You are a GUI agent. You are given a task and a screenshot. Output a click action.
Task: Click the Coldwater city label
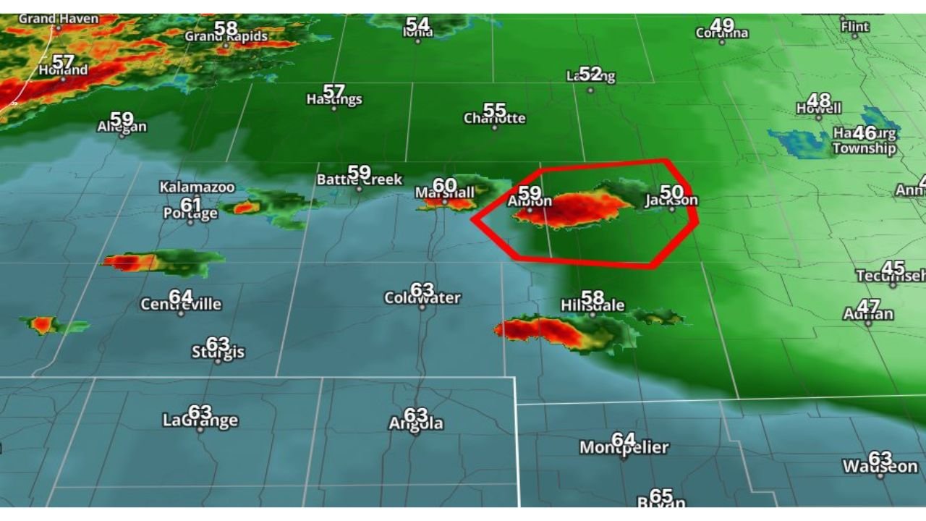422,298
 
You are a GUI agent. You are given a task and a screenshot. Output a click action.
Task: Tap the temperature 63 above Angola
415,415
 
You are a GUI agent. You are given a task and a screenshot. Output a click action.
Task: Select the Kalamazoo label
197,187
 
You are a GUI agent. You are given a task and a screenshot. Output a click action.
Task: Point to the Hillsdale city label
592,306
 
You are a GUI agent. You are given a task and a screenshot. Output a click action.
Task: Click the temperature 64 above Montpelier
623,439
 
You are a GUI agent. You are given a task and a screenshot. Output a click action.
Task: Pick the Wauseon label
880,467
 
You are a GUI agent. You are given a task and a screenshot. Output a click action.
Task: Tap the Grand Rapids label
226,36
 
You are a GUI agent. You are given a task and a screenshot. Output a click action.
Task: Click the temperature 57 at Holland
63,62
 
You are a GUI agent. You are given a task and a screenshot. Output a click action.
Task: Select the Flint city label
854,27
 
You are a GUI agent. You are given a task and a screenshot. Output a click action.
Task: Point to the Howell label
819,109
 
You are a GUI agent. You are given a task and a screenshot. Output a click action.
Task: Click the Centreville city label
181,305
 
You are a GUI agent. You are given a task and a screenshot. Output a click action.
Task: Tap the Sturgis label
218,353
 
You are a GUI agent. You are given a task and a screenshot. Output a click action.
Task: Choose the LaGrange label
200,421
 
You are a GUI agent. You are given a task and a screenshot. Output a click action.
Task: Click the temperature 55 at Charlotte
494,110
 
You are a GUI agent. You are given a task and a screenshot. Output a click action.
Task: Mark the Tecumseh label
890,276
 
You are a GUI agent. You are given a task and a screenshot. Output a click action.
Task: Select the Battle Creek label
359,180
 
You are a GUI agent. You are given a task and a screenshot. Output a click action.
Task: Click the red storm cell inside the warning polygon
572,210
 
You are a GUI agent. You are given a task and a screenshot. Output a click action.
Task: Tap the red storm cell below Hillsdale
543,331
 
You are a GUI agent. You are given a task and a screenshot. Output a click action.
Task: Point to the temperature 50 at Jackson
671,192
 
